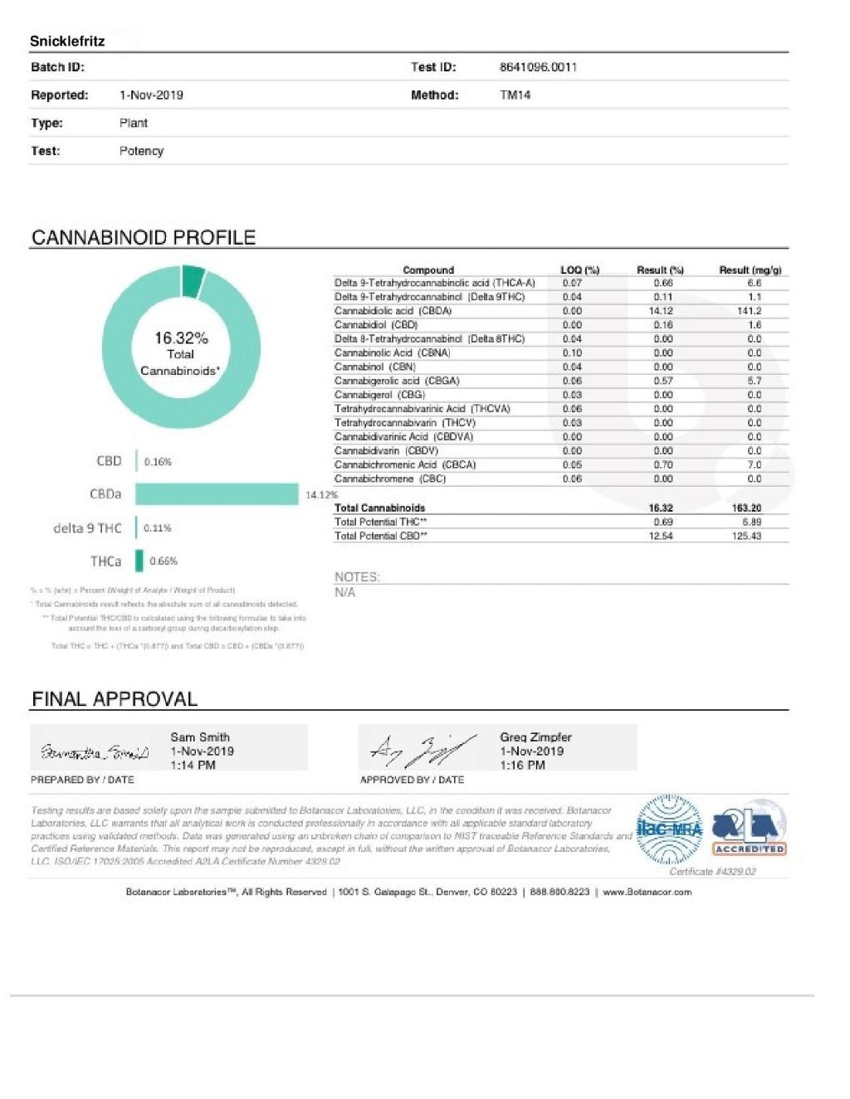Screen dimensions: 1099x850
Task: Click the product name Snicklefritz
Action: (x=67, y=41)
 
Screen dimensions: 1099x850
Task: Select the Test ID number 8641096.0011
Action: (x=538, y=67)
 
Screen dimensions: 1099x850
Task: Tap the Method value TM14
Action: (x=515, y=95)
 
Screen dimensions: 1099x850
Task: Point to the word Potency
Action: (x=141, y=151)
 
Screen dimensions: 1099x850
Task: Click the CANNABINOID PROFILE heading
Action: (x=143, y=237)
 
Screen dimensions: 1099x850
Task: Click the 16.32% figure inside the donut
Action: (x=181, y=338)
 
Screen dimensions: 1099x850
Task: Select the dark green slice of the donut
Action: (x=193, y=280)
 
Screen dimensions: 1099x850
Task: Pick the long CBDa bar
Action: (x=217, y=494)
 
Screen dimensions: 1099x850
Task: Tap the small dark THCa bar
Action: (x=139, y=562)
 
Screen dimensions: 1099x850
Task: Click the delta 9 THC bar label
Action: (x=87, y=528)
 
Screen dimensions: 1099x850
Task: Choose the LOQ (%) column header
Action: (x=579, y=270)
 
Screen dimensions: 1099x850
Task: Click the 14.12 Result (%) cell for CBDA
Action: (x=661, y=311)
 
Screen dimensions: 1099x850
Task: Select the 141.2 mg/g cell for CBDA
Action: (x=750, y=311)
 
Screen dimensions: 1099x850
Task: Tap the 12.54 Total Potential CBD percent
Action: (x=661, y=537)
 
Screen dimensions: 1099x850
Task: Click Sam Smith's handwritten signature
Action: (x=94, y=752)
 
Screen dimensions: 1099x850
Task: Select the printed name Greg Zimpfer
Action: (x=535, y=737)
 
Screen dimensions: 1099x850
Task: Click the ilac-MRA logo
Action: (x=669, y=829)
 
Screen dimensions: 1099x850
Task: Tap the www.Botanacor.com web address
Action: (x=647, y=892)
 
